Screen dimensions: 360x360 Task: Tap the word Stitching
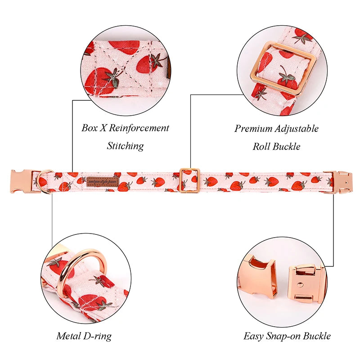click(125, 146)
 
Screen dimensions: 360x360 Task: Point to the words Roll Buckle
click(276, 147)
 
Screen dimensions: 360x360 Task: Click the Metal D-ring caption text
click(84, 336)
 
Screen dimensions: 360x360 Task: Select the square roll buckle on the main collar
click(189, 180)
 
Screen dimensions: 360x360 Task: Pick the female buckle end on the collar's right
click(340, 180)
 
